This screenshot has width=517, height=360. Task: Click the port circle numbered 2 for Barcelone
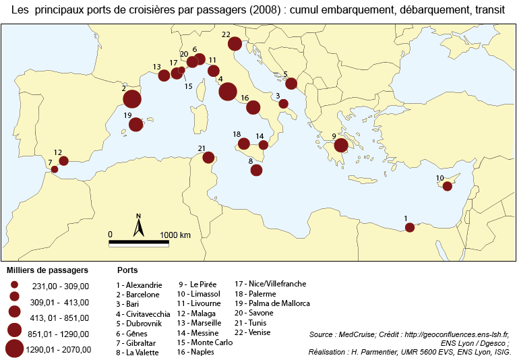(x=132, y=99)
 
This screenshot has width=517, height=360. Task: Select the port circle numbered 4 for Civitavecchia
(x=227, y=92)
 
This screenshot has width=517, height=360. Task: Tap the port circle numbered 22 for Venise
(x=235, y=44)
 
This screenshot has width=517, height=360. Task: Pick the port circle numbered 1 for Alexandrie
(x=409, y=227)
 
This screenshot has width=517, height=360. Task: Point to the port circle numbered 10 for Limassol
(x=447, y=186)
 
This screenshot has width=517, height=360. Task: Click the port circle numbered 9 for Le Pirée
(x=341, y=145)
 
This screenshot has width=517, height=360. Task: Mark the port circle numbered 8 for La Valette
(x=256, y=170)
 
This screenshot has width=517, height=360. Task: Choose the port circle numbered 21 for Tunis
(x=208, y=158)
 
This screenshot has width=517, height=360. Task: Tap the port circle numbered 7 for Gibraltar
(x=55, y=170)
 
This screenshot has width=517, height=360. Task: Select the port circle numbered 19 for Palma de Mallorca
(x=135, y=125)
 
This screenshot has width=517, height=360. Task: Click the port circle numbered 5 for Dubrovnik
(x=291, y=84)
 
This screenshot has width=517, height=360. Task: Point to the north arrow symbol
(x=138, y=227)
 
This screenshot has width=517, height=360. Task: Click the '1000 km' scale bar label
(x=175, y=235)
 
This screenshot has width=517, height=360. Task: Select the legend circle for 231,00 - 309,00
(x=14, y=285)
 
